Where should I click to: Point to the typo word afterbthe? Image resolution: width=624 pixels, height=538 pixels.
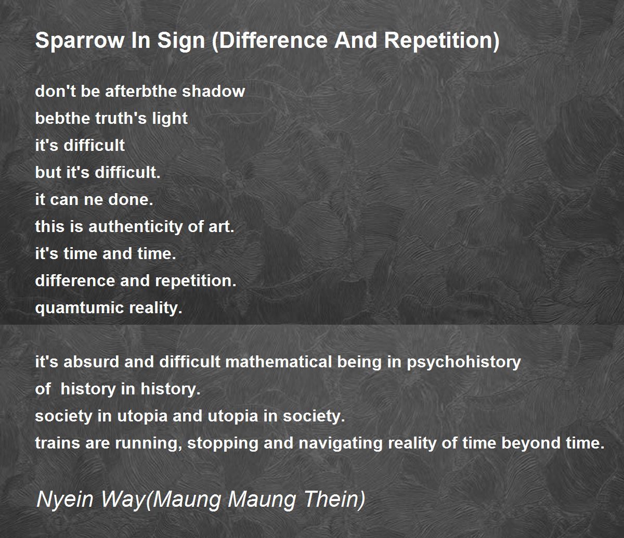point(141,91)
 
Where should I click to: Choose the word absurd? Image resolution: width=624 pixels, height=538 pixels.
point(91,362)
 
